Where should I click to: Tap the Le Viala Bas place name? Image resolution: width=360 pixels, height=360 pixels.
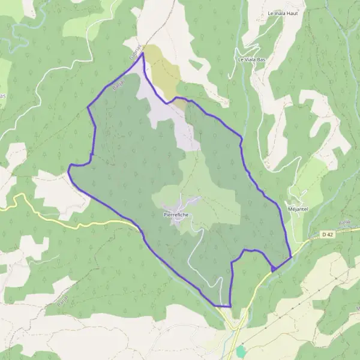coord(251,59)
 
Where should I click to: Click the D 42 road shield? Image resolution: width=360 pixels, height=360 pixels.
coord(326,235)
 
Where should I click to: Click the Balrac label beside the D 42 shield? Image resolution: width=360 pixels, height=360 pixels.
coord(344,223)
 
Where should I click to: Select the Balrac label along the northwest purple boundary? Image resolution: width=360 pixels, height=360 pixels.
coord(116,85)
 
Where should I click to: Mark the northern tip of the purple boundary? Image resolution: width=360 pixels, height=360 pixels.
coord(143,53)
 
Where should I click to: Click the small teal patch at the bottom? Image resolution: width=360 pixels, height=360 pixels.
coord(241,350)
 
